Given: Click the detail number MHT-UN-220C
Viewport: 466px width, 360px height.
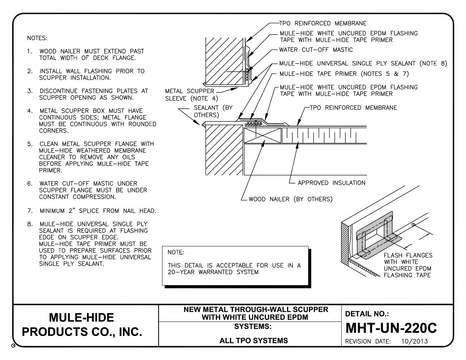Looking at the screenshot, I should [x=391, y=328].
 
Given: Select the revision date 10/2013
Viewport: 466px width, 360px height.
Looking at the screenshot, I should [x=414, y=341].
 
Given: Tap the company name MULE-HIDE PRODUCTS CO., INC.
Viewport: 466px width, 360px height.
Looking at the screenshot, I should [x=82, y=325].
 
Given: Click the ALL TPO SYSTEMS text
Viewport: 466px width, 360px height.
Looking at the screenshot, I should [x=253, y=341].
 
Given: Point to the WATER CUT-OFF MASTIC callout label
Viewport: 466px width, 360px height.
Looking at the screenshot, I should [x=316, y=50].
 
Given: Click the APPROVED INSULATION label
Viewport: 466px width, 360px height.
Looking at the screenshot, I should [x=331, y=183].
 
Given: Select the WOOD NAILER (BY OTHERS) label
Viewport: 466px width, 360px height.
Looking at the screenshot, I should [x=291, y=199].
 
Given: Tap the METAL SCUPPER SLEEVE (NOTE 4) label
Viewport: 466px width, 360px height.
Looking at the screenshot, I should [x=192, y=95].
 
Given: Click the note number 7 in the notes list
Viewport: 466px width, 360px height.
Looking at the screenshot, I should [x=30, y=211].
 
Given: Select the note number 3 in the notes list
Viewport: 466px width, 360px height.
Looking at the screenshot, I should [x=30, y=91].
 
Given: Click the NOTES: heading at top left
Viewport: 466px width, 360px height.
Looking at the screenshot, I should [x=37, y=38].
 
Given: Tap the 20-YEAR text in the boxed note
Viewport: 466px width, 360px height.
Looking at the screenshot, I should [x=180, y=272].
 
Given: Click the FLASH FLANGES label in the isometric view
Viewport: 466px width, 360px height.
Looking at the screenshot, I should [x=408, y=255].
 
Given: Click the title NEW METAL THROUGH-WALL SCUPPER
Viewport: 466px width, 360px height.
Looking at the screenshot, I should [x=256, y=310].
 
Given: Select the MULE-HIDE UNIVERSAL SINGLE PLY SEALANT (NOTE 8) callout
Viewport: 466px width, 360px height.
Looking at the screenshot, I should [x=363, y=64].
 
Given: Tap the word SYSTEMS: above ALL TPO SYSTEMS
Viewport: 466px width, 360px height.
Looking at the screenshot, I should [x=253, y=327].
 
